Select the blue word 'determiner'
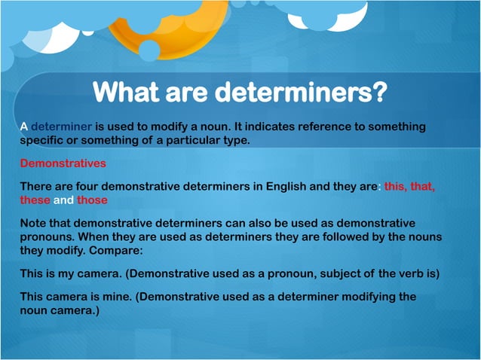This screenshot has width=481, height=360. (x=61, y=127)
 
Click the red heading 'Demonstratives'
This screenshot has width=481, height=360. (x=63, y=163)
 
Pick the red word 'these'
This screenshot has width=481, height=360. (x=35, y=200)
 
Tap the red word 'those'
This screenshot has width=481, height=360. (x=92, y=200)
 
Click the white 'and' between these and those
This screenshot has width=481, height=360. (x=63, y=200)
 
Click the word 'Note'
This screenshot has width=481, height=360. (x=34, y=224)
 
